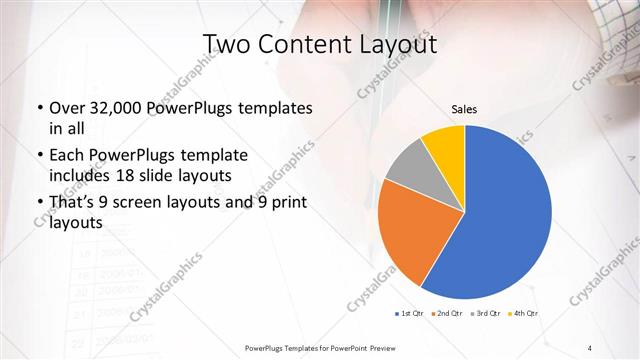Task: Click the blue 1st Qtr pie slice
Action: point(505,215)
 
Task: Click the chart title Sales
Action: point(464,108)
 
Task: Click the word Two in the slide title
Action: point(226,46)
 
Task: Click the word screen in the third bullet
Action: point(163,203)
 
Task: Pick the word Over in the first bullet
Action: point(65,108)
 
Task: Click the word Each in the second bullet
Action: point(66,155)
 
